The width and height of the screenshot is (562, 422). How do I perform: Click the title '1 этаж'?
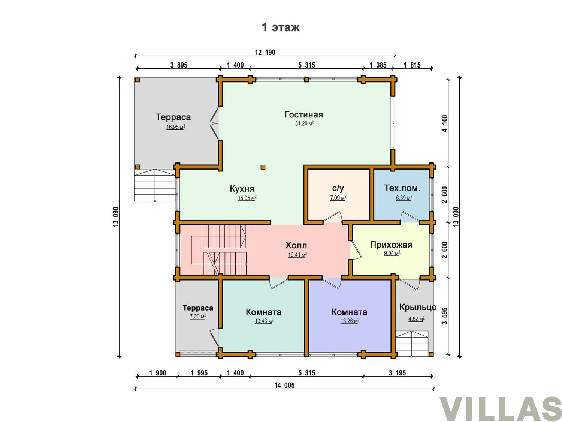tap(280, 27)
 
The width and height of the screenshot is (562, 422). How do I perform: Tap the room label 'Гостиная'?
tap(303, 114)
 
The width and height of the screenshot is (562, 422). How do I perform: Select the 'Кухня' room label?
tap(242, 189)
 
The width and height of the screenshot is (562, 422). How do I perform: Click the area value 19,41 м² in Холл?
tap(297, 255)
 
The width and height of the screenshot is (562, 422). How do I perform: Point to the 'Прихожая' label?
tap(391, 245)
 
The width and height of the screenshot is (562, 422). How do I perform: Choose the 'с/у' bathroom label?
tap(338, 188)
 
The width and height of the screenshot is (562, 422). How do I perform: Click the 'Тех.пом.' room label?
tap(402, 188)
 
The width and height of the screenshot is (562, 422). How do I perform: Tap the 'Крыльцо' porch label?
tap(418, 307)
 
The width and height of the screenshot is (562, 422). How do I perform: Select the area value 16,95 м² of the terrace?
tap(176, 127)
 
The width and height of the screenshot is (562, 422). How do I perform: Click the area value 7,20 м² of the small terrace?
tap(198, 317)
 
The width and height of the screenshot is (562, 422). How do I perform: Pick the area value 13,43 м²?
tap(264, 321)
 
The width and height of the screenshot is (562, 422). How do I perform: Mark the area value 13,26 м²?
tap(350, 321)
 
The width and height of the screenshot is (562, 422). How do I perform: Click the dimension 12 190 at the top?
tap(265, 52)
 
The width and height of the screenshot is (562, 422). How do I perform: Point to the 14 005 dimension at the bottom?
tap(284, 385)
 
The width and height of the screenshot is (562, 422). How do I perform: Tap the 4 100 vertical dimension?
tap(445, 123)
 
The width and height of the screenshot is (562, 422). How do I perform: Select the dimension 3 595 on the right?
tap(445, 316)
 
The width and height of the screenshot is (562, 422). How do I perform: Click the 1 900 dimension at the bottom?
tap(157, 373)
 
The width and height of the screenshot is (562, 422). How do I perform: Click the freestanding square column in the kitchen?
tap(263, 167)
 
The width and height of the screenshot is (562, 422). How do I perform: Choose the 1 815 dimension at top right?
tap(412, 65)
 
